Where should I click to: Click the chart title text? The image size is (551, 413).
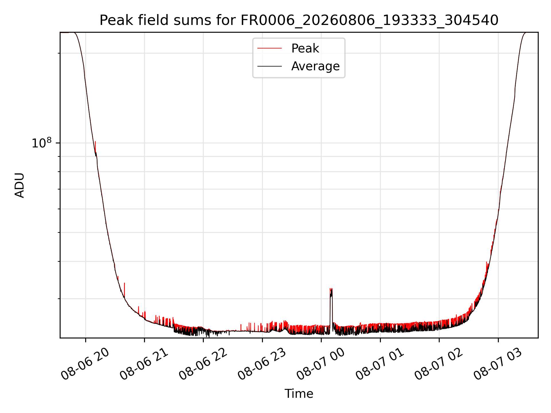[x=299, y=20]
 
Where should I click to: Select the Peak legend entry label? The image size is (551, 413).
[x=305, y=48]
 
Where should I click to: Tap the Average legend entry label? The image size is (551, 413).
[x=315, y=66]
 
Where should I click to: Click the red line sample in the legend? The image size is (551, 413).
[x=269, y=48]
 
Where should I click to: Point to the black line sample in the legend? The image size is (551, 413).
[x=269, y=66]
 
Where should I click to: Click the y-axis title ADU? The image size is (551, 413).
[x=20, y=185]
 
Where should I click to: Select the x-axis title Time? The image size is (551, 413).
[x=299, y=394]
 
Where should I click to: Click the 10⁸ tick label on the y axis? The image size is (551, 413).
[x=42, y=143]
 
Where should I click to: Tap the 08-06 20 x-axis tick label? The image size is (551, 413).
[x=85, y=364]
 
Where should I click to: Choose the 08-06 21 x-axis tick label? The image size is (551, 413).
[x=144, y=364]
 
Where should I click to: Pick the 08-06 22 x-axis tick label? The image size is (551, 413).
[x=203, y=364]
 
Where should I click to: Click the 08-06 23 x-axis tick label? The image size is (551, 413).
[x=262, y=364]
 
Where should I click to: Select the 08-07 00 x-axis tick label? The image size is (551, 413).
[x=321, y=364]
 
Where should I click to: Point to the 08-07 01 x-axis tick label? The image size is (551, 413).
[x=380, y=364]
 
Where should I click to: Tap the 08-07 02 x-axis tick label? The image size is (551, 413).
[x=439, y=364]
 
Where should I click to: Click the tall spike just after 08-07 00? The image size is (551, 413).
[x=331, y=310]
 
